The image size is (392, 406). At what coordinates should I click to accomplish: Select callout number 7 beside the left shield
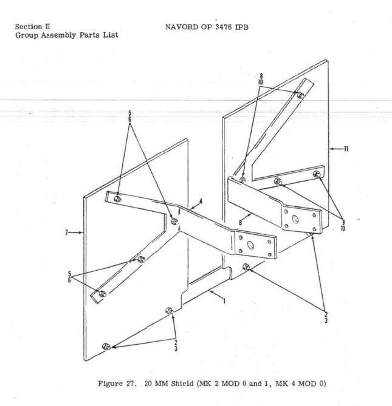point(69,231)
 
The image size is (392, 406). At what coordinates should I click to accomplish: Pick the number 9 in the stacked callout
point(343,222)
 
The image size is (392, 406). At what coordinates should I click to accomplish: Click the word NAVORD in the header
point(181,27)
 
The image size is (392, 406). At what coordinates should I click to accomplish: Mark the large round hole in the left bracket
point(249,246)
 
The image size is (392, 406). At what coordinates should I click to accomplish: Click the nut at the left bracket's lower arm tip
point(103,294)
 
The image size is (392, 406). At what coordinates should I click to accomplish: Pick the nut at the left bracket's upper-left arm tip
point(118,199)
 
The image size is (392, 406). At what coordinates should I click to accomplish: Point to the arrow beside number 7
point(78,231)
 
